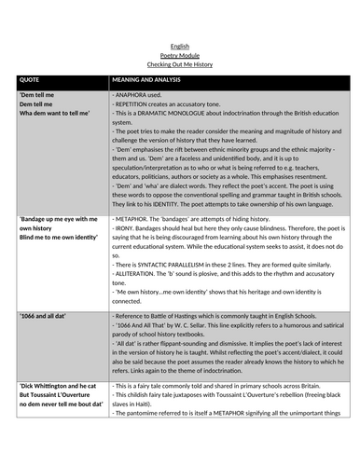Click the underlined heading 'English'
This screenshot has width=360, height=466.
(x=180, y=45)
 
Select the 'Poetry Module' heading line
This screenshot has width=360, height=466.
(x=180, y=55)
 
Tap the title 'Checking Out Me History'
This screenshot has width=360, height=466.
(x=180, y=65)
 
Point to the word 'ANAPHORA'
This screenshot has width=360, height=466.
(x=131, y=95)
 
